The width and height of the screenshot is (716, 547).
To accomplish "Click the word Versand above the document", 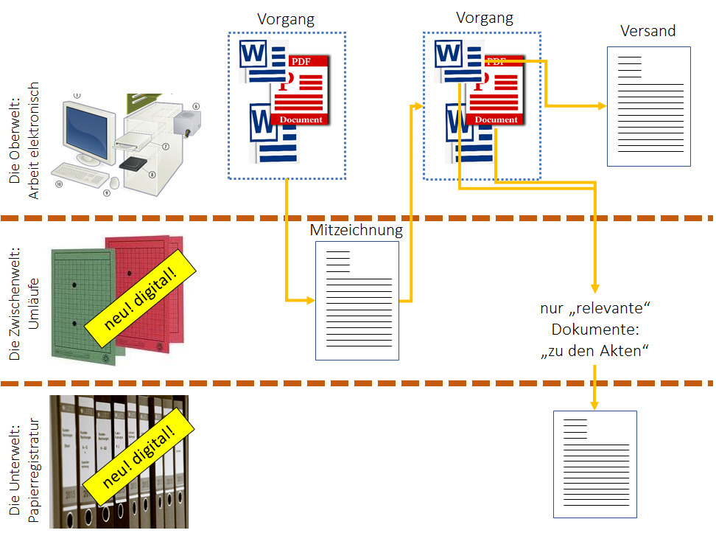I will tap(647, 32).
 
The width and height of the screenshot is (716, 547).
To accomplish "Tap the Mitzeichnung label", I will tap(357, 230).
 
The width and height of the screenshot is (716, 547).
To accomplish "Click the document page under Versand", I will tap(648, 107).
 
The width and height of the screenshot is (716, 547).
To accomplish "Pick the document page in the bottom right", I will tap(594, 464).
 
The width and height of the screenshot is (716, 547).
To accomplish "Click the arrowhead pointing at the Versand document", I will tap(600, 106).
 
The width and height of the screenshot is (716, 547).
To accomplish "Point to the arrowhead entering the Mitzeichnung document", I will tap(310, 300).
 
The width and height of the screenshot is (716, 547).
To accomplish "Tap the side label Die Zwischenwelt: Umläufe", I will tap(21, 303).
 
